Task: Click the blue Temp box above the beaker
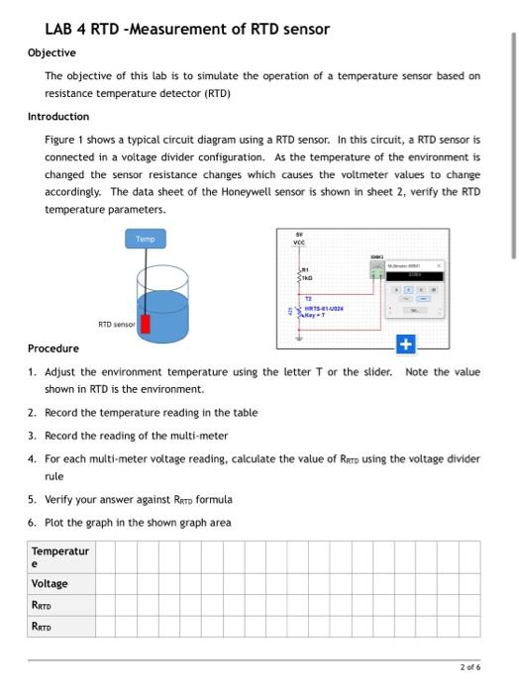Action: click(x=147, y=239)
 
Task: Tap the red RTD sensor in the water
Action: click(x=146, y=324)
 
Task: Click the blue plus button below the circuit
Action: click(x=404, y=346)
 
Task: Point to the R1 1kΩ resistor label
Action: click(x=310, y=274)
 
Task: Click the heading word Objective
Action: click(x=52, y=52)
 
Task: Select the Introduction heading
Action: click(x=58, y=117)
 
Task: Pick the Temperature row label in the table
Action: click(x=59, y=556)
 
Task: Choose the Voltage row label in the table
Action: click(x=50, y=584)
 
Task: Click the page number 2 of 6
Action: click(x=470, y=668)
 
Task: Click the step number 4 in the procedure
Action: click(x=33, y=459)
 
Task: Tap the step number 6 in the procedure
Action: click(x=33, y=523)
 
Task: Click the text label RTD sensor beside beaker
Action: click(x=117, y=324)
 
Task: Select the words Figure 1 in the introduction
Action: click(x=66, y=140)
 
